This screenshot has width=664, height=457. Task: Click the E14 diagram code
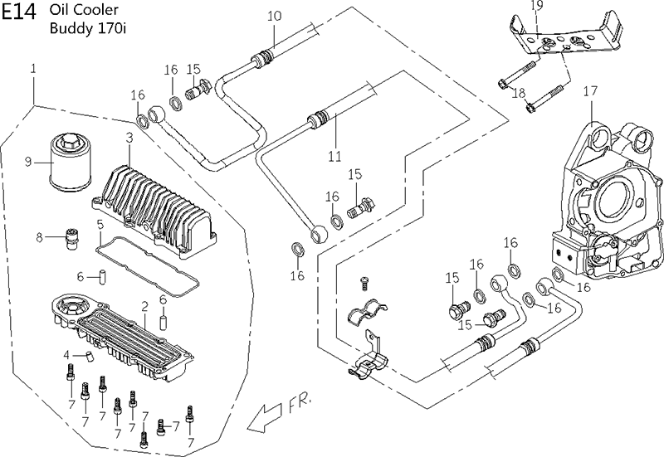[18, 12]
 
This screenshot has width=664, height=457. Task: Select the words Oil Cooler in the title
[85, 10]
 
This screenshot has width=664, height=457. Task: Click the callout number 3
[129, 138]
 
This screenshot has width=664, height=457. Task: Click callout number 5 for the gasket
[100, 225]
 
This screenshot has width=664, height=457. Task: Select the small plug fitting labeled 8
[72, 239]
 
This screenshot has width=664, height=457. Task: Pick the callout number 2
[144, 306]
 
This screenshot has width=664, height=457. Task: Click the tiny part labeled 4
[89, 356]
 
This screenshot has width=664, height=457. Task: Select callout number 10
[275, 16]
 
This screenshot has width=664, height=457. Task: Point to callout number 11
[334, 157]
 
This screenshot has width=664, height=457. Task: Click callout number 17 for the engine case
[590, 91]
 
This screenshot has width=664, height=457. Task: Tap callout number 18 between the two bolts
[519, 93]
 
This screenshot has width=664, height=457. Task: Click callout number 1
[33, 68]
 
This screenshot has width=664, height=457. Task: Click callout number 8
[39, 237]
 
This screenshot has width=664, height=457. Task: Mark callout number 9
[28, 161]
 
